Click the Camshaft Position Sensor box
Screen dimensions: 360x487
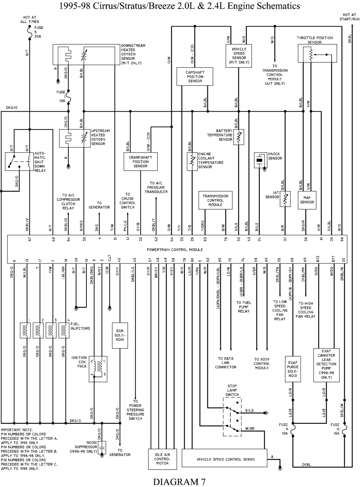tap(195, 77)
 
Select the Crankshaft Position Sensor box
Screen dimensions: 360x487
tap(140, 161)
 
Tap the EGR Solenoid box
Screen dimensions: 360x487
tap(120, 335)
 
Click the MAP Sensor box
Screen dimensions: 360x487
tap(307, 200)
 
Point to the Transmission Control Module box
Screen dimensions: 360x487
tap(215, 200)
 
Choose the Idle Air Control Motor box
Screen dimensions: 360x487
tap(162, 459)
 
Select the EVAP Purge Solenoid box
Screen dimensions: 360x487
tap(293, 369)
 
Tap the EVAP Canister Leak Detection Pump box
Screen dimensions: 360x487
tap(326, 365)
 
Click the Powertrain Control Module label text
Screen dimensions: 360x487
tap(175, 250)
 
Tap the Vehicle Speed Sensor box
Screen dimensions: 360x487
tap(239, 56)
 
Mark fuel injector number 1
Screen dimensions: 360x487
tap(25, 330)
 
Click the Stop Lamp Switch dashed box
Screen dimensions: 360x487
tap(232, 417)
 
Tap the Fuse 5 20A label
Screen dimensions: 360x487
tap(39, 32)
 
